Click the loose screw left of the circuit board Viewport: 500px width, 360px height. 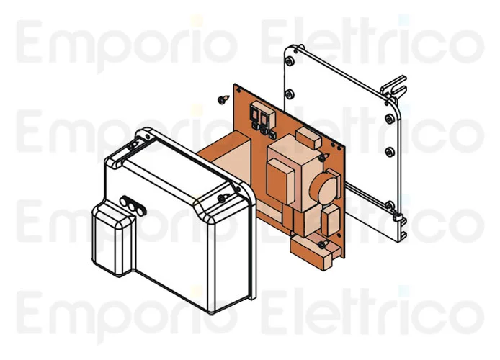[x=220, y=99]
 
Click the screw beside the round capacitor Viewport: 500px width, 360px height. [x=321, y=157]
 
